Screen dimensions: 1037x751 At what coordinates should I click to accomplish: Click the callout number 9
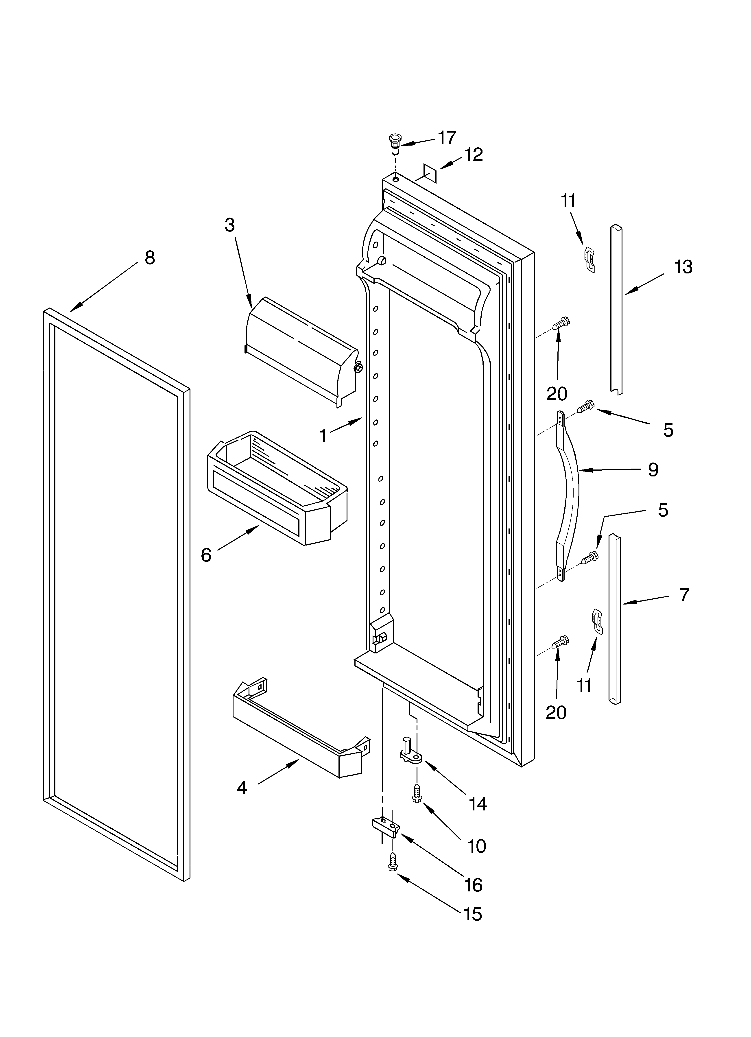click(x=653, y=469)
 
